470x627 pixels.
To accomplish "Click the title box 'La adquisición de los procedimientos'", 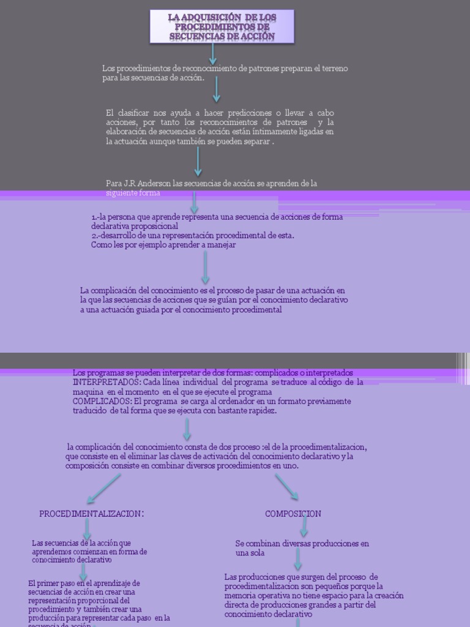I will click(222, 26).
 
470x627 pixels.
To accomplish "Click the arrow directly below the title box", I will click(213, 54).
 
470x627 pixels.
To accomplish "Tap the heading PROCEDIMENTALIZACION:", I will click(92, 514).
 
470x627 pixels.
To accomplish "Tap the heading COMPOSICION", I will click(293, 514).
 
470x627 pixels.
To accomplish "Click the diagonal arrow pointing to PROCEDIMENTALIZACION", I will click(104, 489).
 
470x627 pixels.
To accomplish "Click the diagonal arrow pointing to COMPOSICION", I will click(286, 487).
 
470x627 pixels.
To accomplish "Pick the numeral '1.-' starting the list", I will click(95, 217).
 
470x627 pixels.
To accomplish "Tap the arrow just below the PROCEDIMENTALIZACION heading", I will click(88, 530).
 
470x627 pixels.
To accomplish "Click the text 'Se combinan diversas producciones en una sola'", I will click(302, 547).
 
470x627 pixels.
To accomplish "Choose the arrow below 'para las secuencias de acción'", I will click(216, 89).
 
